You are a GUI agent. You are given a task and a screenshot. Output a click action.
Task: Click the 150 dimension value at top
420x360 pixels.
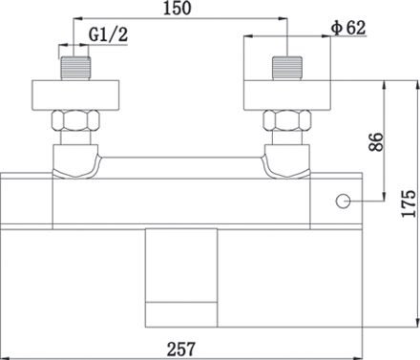coord(178,9)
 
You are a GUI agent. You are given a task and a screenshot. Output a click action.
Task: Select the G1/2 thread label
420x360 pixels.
coord(108,34)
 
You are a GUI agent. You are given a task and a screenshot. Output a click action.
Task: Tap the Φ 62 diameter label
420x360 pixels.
coord(348,28)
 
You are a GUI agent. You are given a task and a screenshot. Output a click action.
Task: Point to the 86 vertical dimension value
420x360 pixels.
coord(376,142)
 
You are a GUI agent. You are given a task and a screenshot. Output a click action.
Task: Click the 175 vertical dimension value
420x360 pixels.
coord(409,204)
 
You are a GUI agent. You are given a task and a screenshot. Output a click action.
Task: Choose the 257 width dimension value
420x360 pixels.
coord(180,349)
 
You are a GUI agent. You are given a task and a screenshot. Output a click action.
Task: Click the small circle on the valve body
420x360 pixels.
coord(343,201)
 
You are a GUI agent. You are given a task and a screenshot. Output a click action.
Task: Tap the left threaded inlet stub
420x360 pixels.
coord(75,68)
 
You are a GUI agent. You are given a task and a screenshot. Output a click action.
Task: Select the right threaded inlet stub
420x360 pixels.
coord(287,68)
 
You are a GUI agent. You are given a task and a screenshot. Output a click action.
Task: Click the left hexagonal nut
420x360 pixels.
coord(75,120)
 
